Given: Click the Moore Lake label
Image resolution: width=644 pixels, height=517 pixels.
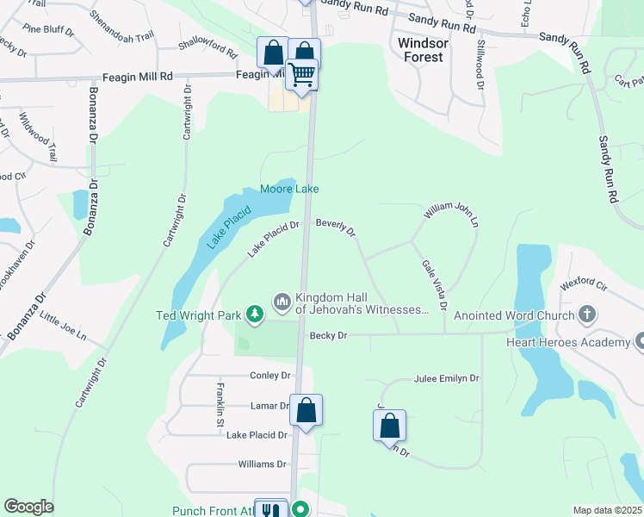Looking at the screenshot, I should [289, 189].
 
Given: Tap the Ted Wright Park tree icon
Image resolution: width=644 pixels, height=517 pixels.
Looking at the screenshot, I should [254, 315].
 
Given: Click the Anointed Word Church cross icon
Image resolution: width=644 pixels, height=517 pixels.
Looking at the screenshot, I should [588, 315].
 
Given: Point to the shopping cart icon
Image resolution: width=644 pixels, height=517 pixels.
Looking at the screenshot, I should [302, 75].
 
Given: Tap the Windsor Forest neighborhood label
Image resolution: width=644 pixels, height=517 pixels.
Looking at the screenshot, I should [421, 49].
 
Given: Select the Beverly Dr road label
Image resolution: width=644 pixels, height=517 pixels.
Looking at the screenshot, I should [336, 227].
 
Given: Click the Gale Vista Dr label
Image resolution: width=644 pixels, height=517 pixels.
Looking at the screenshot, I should [432, 285].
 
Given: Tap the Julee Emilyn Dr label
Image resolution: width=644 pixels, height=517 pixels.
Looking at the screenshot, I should [447, 378].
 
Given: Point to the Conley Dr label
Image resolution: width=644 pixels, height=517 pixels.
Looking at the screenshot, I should [269, 376].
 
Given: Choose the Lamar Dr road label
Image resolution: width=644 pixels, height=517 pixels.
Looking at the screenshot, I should [270, 405].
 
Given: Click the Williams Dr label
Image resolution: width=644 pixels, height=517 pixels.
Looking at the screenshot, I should [262, 464].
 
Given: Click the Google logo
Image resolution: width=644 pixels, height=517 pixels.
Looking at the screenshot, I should [28, 507].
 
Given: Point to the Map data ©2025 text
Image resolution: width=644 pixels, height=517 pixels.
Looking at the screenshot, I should [607, 510].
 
